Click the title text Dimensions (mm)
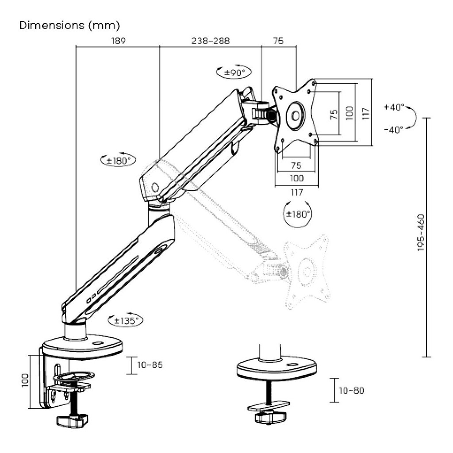(69, 25)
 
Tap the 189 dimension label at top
(119, 41)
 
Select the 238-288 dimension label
(211, 41)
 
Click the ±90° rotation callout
(234, 72)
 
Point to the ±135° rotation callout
(125, 320)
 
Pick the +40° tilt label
(394, 107)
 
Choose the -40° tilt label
(394, 130)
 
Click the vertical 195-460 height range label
(422, 232)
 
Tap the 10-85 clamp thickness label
(150, 365)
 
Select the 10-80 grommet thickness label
(351, 390)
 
